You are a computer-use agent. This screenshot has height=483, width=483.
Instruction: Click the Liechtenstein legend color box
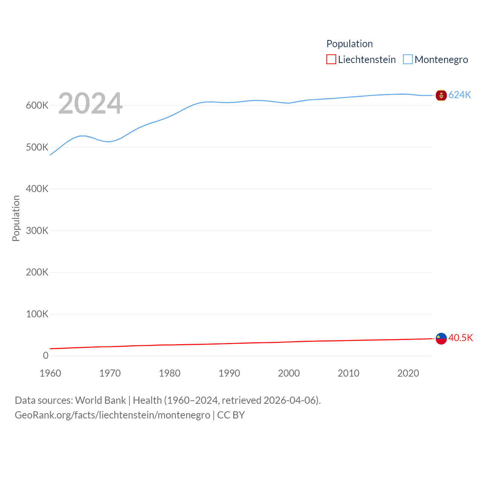[x=331, y=59]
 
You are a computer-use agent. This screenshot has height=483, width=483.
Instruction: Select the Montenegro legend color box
[x=408, y=59]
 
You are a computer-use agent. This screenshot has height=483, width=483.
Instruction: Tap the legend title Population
[x=349, y=44]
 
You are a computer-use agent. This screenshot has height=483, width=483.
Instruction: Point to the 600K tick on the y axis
[x=37, y=106]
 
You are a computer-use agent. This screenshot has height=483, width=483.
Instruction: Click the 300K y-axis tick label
[x=37, y=231]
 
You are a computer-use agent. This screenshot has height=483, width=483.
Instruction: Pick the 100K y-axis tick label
[x=37, y=314]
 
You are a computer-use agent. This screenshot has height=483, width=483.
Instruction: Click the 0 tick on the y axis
[x=46, y=355]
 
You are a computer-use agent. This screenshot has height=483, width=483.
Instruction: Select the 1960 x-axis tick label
[x=50, y=373]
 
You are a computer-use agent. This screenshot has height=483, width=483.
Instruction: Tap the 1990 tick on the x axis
[x=229, y=373]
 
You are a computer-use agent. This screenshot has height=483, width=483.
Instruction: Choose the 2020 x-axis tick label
[x=408, y=373]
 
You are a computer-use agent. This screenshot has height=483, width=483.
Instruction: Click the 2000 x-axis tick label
[x=289, y=373]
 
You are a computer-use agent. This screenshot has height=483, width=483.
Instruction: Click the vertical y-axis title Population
[x=16, y=218]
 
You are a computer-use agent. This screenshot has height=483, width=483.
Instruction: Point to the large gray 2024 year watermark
[x=90, y=103]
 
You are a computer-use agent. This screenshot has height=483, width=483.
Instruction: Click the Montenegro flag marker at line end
[x=441, y=95]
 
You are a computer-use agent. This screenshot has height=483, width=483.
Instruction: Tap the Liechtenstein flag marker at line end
[x=441, y=338]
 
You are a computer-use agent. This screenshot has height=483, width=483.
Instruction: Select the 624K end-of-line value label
[x=460, y=95]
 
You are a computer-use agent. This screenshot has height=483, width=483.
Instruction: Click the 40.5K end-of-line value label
[x=460, y=338]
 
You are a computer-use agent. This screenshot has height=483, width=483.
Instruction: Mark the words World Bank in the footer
[x=100, y=400]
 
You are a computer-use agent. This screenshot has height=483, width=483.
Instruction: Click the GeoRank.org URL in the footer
[x=112, y=415]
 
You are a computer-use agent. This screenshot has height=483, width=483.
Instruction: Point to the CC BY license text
[x=231, y=415]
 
